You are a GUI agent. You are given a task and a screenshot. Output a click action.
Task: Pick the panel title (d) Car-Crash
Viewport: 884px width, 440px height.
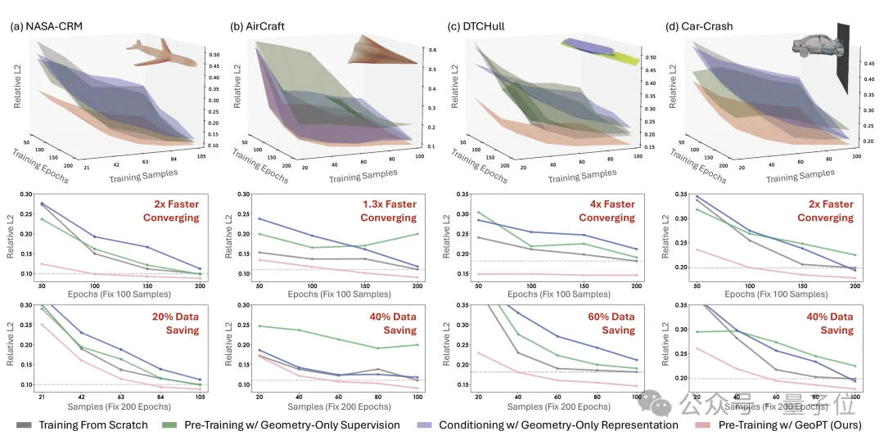701,26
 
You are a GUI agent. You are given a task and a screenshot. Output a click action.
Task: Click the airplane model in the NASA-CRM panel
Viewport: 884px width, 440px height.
161,52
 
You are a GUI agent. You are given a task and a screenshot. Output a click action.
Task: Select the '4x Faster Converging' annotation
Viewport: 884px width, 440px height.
607,211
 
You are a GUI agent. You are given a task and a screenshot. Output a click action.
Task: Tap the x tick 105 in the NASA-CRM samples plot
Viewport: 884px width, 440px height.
200,396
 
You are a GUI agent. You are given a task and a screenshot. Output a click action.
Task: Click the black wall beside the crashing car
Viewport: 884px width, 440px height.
843,57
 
